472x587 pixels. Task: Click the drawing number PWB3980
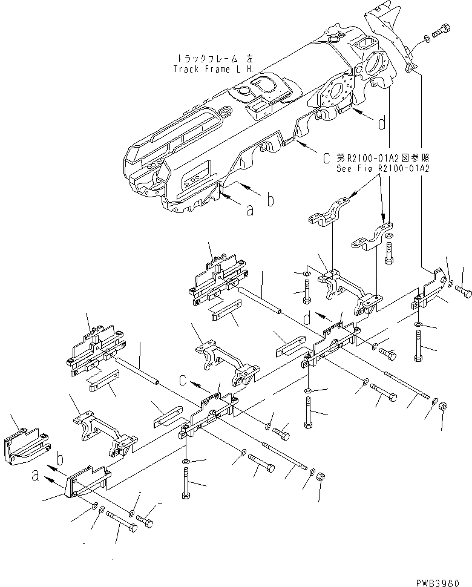(444, 579)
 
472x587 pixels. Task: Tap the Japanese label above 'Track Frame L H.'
(215, 58)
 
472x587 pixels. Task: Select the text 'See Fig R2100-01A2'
(382, 169)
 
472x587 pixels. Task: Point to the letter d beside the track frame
(382, 124)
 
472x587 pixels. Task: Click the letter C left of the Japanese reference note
(327, 159)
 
